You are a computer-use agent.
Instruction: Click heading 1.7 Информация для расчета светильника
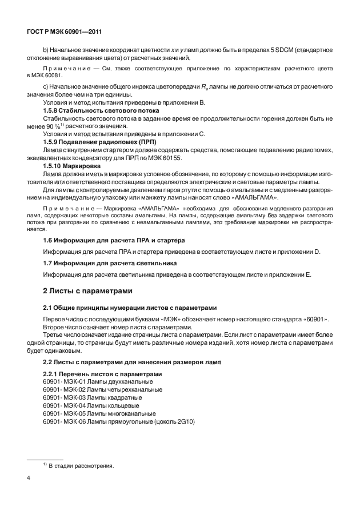pyautogui.click(x=110, y=263)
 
